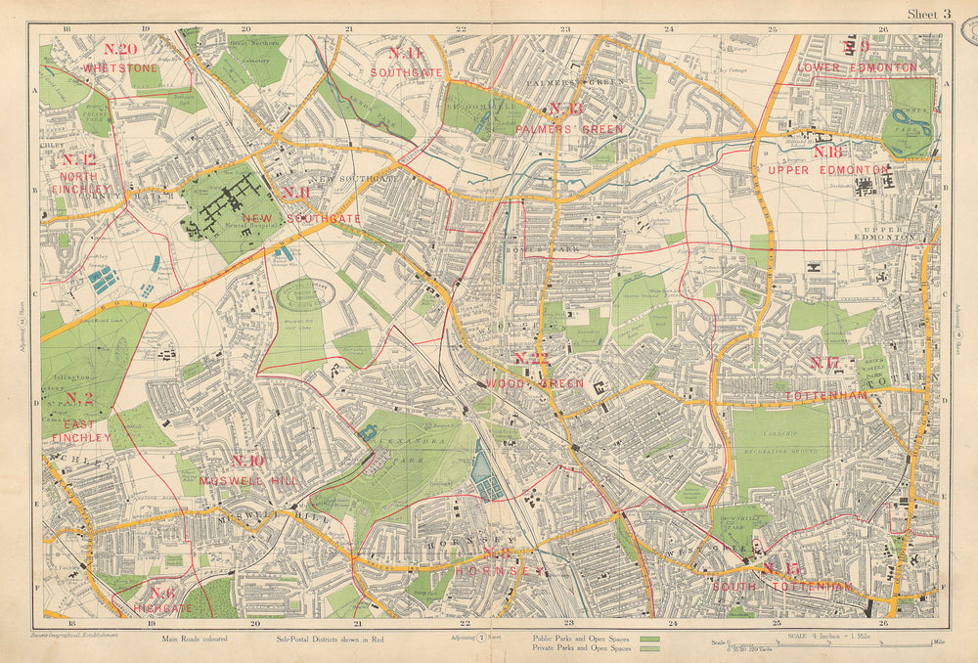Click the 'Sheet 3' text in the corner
928,14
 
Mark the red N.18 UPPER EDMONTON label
827,161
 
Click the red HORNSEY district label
498,563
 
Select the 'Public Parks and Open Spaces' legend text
574,640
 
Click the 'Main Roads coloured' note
195,640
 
